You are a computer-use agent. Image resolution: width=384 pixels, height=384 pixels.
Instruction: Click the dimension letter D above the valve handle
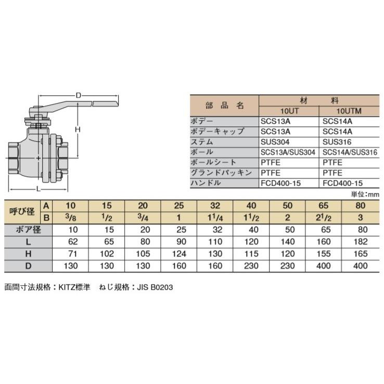79,95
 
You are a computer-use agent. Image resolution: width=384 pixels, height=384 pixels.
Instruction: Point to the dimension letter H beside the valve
76,129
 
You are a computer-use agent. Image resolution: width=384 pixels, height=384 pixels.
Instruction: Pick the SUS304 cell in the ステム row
274,142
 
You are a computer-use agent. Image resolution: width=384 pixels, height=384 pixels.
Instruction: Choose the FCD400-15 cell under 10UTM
343,183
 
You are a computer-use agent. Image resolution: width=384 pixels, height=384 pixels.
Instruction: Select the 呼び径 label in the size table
21,211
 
